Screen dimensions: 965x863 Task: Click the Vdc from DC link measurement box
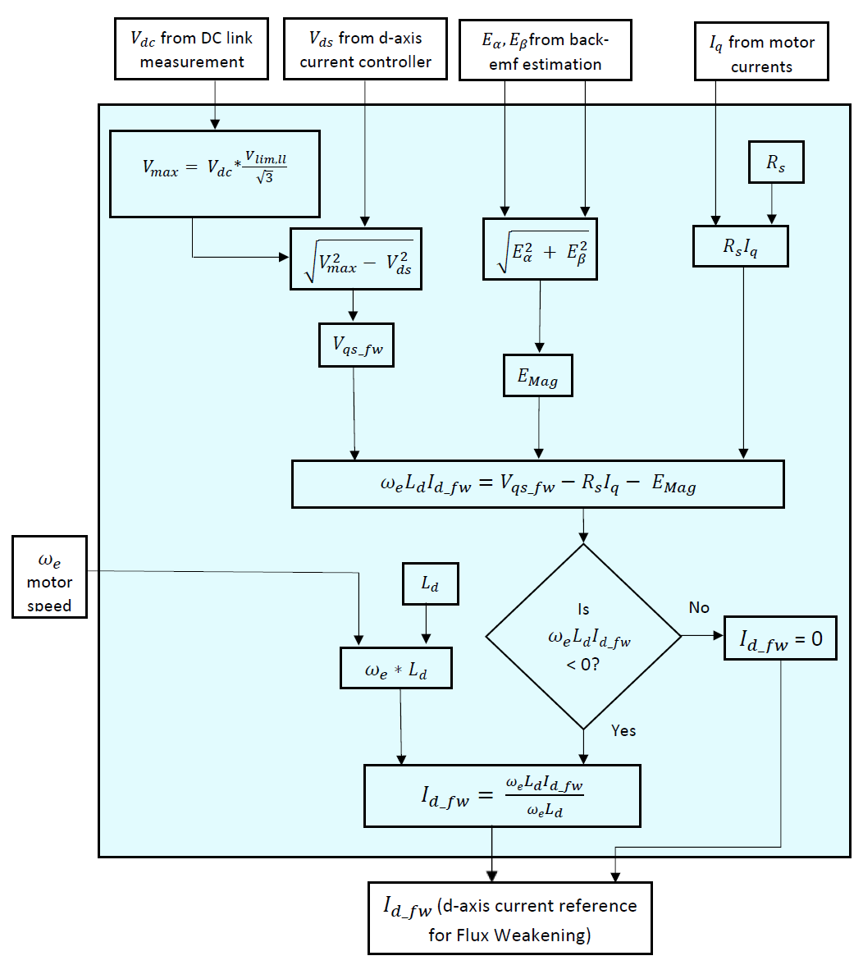[x=191, y=50]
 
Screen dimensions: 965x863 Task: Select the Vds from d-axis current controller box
[x=365, y=50]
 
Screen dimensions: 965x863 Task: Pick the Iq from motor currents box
[x=761, y=53]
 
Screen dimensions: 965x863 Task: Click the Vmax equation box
[x=214, y=173]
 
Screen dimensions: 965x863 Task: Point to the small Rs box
[x=775, y=162]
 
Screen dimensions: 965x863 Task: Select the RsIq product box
[x=740, y=246]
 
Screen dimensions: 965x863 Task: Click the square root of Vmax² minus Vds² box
[x=356, y=258]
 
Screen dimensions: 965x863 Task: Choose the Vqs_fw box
[x=357, y=345]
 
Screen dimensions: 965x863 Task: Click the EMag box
[x=537, y=376]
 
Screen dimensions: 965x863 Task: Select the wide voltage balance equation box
[x=537, y=484]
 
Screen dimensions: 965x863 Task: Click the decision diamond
[x=583, y=637]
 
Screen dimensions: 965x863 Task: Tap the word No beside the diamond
[x=699, y=607]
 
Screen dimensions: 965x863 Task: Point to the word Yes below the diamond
[x=623, y=730]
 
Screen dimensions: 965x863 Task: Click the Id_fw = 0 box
[x=781, y=639]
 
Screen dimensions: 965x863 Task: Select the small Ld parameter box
[x=430, y=583]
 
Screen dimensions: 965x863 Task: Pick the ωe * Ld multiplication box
[x=395, y=668]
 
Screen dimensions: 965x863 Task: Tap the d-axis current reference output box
[x=509, y=918]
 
